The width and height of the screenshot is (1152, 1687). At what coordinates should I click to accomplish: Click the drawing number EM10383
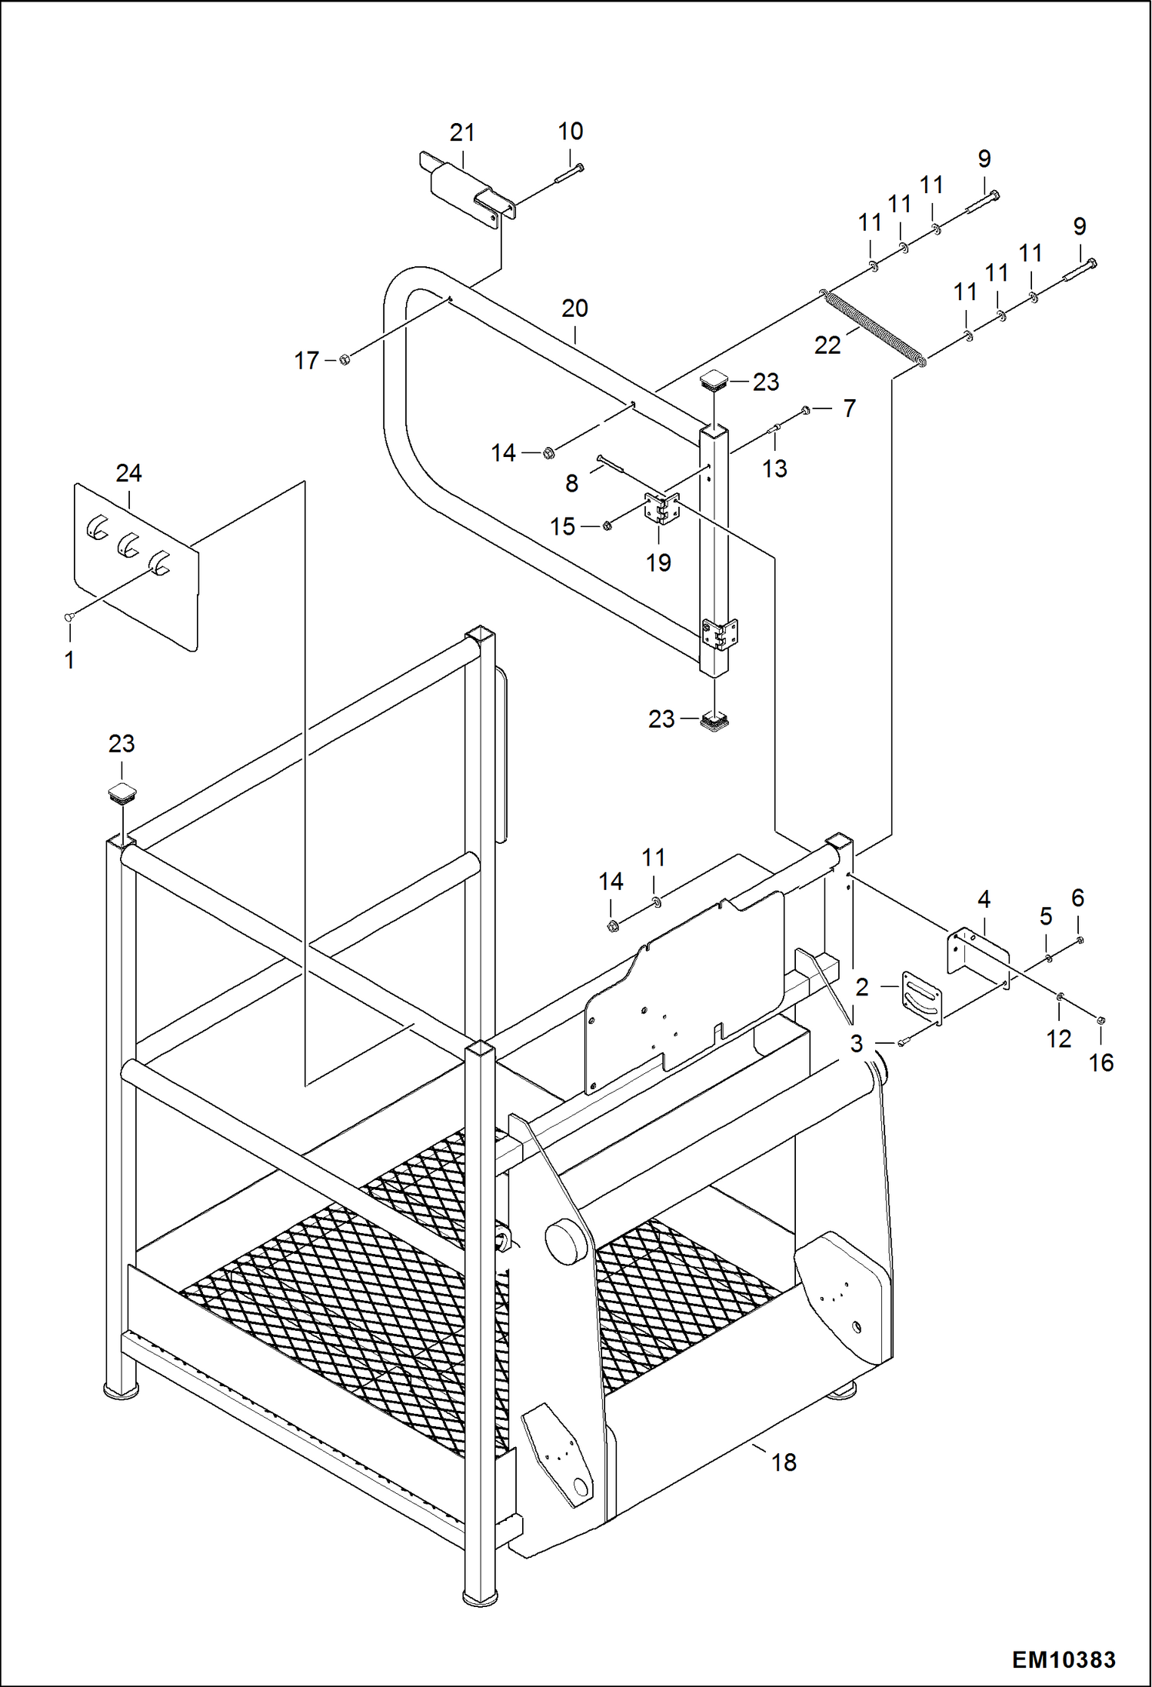tap(1063, 1659)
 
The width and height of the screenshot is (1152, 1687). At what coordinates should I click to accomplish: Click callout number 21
tap(462, 133)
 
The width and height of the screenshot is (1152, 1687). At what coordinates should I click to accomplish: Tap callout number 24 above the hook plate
tap(128, 473)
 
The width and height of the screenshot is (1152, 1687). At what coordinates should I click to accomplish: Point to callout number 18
tap(784, 1462)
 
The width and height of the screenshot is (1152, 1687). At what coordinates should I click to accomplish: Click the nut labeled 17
tap(345, 359)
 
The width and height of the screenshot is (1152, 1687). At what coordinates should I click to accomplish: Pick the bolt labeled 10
tap(568, 174)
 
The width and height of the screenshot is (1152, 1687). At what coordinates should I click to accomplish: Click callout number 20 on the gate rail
tap(574, 308)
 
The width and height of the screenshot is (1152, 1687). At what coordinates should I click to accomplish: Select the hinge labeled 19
tap(661, 509)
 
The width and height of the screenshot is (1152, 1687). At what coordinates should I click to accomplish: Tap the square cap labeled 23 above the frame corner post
tap(122, 792)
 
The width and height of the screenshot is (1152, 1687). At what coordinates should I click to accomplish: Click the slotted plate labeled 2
tap(921, 998)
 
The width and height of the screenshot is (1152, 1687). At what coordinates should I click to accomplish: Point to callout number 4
tap(984, 899)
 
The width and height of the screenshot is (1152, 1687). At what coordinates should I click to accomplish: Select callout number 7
tap(849, 408)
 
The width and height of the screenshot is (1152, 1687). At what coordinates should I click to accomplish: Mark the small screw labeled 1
tap(68, 616)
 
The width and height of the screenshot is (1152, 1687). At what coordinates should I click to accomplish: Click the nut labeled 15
tap(607, 526)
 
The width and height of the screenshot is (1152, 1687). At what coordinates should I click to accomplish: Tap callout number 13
tap(774, 468)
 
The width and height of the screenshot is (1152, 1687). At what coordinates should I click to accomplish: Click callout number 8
tap(571, 483)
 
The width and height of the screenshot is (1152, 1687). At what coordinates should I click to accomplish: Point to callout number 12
tap(1058, 1039)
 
